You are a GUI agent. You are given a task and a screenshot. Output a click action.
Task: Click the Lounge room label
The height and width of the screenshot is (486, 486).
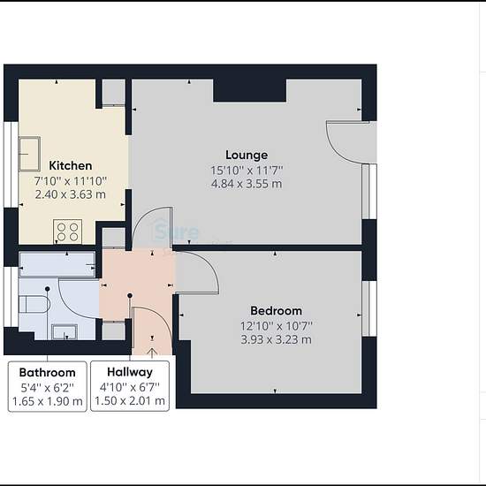point(247,155)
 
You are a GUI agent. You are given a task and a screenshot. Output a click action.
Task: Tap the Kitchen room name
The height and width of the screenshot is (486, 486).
point(71,165)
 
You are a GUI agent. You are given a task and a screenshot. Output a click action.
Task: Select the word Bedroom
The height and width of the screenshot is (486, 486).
point(277,310)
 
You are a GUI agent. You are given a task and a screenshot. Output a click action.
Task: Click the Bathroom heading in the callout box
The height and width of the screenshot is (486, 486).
point(47,372)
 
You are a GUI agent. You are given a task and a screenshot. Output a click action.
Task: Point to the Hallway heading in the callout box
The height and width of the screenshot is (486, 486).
point(130,372)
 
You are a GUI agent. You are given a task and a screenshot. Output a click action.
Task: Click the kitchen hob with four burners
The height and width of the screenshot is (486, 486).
point(67,232)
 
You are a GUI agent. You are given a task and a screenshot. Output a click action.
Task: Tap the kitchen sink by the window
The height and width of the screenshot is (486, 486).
point(29,154)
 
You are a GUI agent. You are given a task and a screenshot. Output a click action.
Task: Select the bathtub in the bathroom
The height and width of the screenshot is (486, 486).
point(57,264)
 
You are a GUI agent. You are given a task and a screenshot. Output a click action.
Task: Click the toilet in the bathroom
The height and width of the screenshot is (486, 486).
point(34,304)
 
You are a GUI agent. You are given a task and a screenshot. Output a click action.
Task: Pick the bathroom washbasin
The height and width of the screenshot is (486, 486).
point(65,331)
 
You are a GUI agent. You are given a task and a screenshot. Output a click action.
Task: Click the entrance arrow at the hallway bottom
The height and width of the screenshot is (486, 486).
point(152,353)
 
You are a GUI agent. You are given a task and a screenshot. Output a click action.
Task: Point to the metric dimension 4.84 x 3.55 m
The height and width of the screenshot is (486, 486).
point(247,184)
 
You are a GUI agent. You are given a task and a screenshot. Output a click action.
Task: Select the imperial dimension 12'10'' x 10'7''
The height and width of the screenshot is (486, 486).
point(277,326)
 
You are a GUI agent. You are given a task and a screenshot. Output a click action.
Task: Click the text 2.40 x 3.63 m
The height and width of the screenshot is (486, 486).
point(71,194)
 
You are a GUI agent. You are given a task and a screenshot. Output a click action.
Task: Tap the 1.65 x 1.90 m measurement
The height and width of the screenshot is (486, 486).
point(47,401)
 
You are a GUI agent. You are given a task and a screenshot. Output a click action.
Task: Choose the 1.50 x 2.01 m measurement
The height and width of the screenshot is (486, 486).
point(130,401)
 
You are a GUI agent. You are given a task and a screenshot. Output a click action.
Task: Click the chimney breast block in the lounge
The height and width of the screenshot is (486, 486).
point(249,90)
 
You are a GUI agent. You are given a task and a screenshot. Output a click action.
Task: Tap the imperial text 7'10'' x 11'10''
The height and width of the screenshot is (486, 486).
point(71,180)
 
